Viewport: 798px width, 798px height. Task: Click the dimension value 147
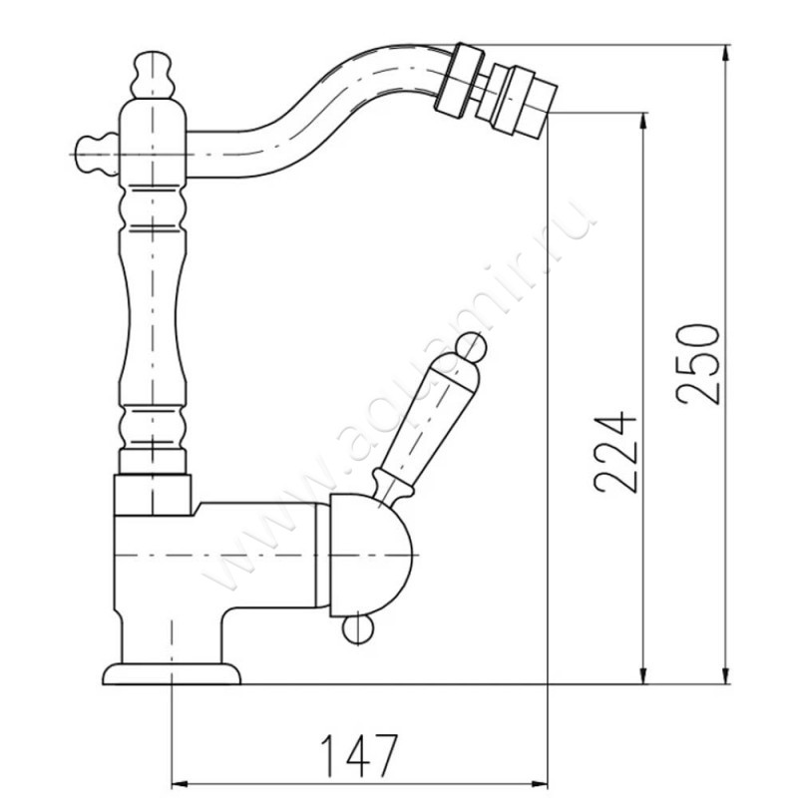coord(358,755)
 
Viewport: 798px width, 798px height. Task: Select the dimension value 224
coord(614,455)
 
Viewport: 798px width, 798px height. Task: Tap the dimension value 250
coord(697,364)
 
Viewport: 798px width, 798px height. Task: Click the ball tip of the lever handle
coord(470,347)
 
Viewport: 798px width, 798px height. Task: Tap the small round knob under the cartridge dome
coord(358,630)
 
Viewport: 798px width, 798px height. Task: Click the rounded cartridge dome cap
coord(370,556)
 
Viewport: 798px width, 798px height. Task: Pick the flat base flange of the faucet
coord(172,674)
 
